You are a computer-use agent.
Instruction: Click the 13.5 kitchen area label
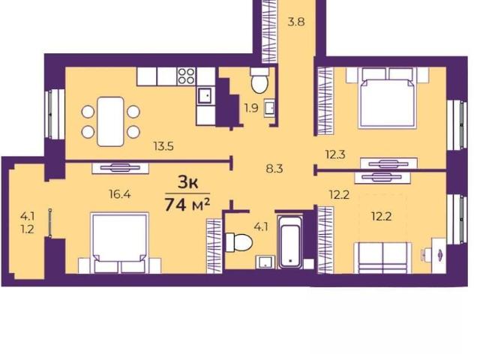coord(163,146)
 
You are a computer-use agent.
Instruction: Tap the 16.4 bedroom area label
coord(120,193)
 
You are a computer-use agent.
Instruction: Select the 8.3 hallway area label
coord(274,169)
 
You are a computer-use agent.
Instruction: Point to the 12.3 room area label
coord(335,154)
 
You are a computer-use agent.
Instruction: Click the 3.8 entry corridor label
coord(296,22)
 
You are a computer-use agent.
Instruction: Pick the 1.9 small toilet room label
coord(251,108)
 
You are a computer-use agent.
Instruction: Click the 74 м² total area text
coord(187,205)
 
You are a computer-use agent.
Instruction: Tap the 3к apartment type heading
coord(188,183)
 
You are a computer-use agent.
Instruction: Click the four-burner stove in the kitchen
coord(187,76)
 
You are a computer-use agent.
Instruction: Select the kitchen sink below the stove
coord(205,96)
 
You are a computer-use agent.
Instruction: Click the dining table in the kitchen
coord(110,121)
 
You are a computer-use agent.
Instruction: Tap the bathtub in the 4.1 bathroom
coord(290,241)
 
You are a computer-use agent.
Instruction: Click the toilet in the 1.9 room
coord(259,80)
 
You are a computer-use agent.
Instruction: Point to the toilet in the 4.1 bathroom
coord(239,242)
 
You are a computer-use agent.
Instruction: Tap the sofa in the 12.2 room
coord(382,258)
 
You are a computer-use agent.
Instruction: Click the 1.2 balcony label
coord(27,229)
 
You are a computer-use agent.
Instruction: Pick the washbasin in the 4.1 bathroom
coord(265,262)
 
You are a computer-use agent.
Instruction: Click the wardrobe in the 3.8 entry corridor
coord(270,31)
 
